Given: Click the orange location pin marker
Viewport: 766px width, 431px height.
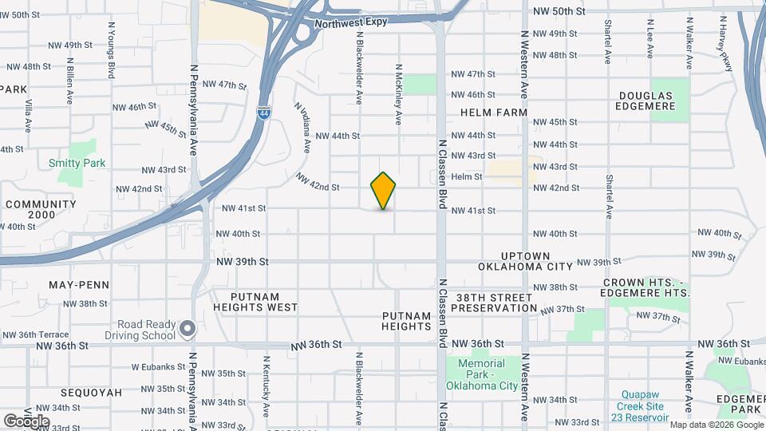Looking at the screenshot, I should pos(384,191).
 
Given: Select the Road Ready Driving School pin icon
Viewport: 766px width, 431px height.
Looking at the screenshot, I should pos(188,329).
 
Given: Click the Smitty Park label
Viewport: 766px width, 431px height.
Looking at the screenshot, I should pos(77,163).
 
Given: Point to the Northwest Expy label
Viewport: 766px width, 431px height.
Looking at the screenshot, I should pos(350,22).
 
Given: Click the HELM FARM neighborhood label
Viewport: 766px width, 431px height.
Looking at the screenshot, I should pos(493,113).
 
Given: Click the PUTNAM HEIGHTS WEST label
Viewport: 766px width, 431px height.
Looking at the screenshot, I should pos(255,306).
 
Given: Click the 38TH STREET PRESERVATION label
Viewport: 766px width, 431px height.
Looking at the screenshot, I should pos(494,302).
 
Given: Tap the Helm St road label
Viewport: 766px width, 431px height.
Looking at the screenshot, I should pos(467,176).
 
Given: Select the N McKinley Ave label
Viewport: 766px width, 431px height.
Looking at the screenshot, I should pos(397,94).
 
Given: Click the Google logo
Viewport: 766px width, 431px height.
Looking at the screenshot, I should pos(26,421).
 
